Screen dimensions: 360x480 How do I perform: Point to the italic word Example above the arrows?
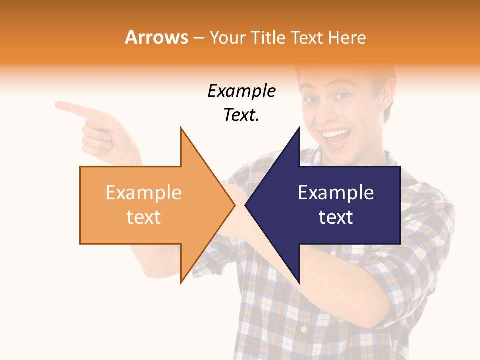tap(242, 91)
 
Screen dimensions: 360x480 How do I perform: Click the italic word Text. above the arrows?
tap(242, 115)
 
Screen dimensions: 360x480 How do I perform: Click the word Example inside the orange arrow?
tap(144, 193)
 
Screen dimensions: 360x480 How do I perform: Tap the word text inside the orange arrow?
tap(144, 217)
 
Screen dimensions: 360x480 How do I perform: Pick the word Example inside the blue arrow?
tap(336, 193)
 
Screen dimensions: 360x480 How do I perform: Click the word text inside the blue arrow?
tap(336, 217)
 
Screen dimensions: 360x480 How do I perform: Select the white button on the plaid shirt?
tap(303, 329)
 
